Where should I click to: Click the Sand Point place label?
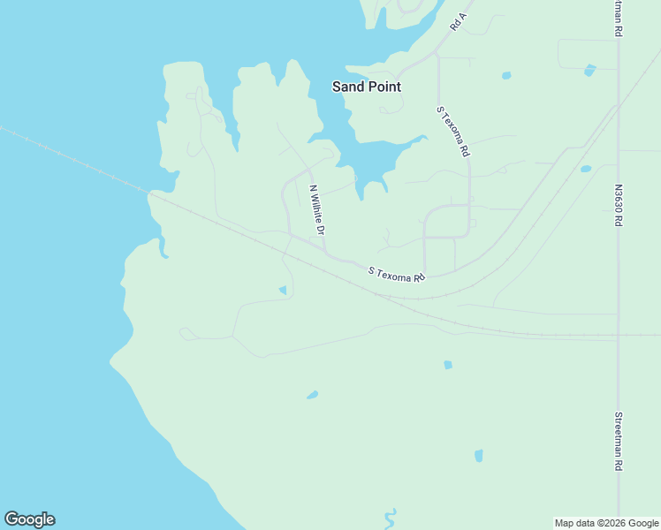366,87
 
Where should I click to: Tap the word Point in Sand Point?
384,87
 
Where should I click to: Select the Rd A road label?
458,22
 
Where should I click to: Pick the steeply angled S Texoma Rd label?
452,132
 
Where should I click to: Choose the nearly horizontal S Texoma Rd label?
397,275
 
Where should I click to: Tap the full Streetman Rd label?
619,441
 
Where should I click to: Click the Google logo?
29,519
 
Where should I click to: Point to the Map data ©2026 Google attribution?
607,523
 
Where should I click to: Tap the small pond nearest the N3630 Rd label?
585,169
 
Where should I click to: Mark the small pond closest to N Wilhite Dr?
283,290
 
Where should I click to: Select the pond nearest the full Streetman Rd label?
479,456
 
